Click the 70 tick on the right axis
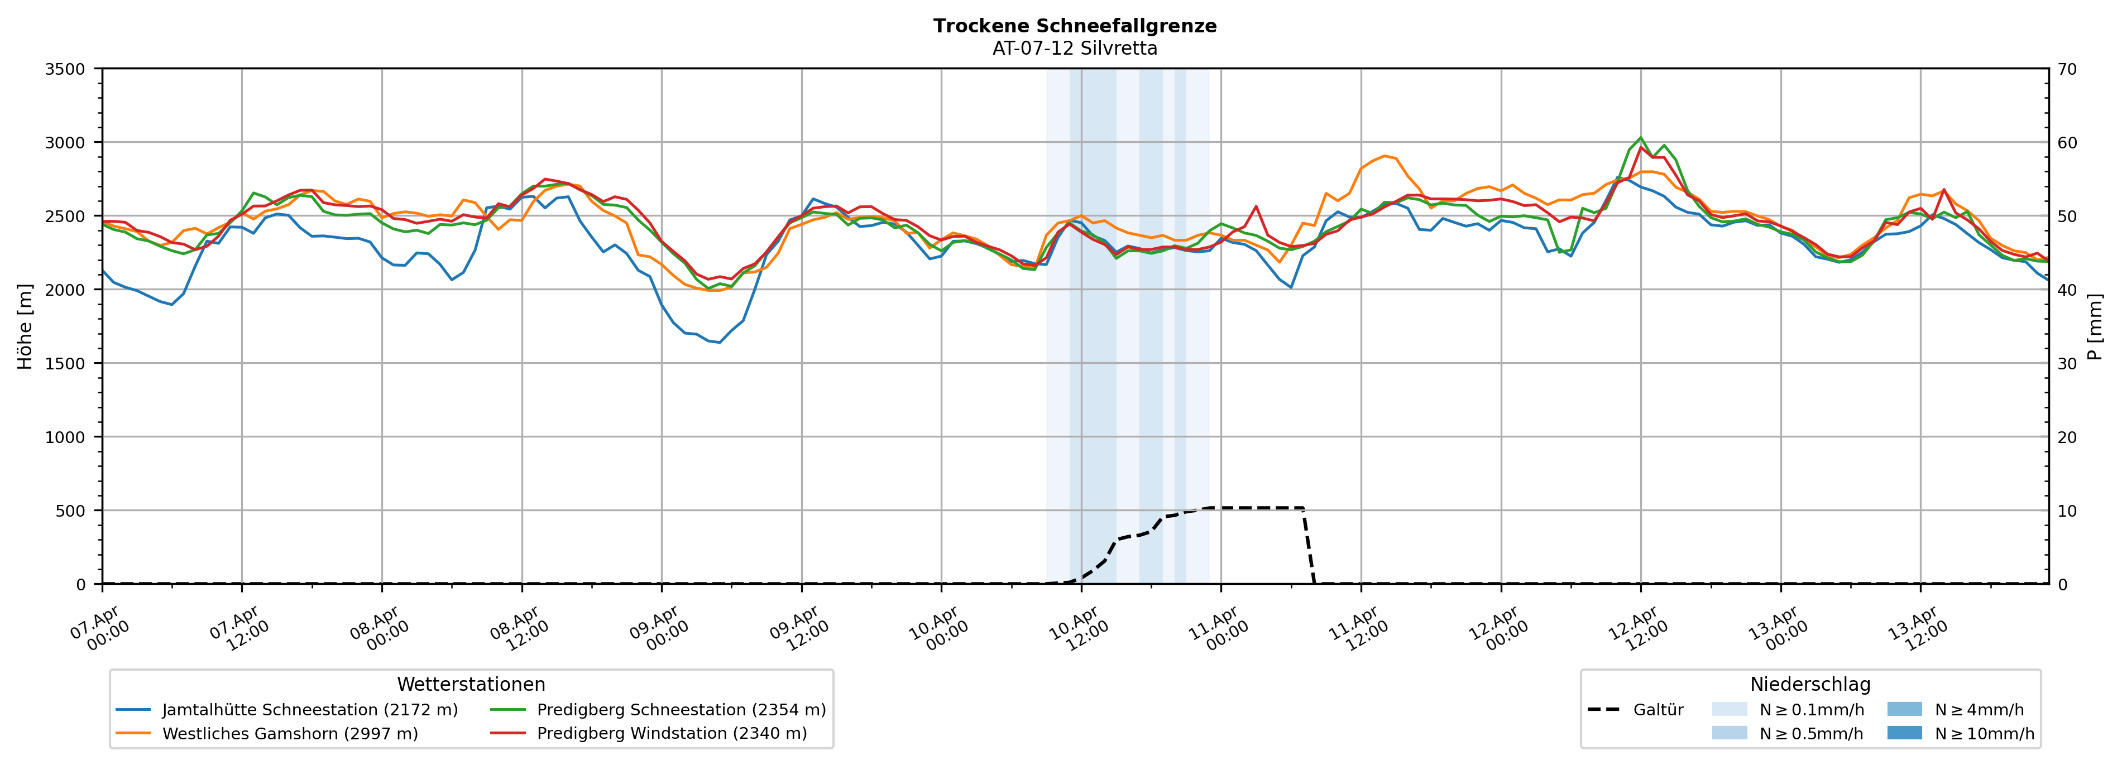pyautogui.click(x=2067, y=69)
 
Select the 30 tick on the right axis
pyautogui.click(x=2067, y=363)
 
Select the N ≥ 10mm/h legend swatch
pyautogui.click(x=1904, y=733)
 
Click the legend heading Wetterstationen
pyautogui.click(x=471, y=684)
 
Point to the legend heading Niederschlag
pyautogui.click(x=1810, y=684)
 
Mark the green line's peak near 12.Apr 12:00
pyautogui.click(x=1640, y=137)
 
